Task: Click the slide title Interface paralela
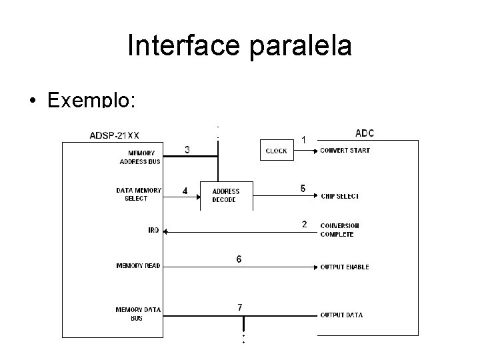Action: pyautogui.click(x=239, y=46)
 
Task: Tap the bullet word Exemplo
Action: pyautogui.click(x=91, y=100)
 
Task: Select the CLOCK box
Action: pyautogui.click(x=276, y=151)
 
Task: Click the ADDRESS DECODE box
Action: pyautogui.click(x=225, y=195)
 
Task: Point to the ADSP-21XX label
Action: pyautogui.click(x=114, y=136)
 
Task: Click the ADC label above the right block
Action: pyautogui.click(x=365, y=133)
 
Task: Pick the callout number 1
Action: pyautogui.click(x=304, y=140)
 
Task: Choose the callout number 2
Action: pyautogui.click(x=305, y=224)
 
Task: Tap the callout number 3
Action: pyautogui.click(x=187, y=150)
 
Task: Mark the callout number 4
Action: pyautogui.click(x=185, y=191)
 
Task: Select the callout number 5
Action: pyautogui.click(x=303, y=189)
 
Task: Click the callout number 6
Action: pyautogui.click(x=239, y=258)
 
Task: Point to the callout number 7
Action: pyautogui.click(x=240, y=307)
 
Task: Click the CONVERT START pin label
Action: pyautogui.click(x=345, y=150)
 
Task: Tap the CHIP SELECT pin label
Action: pyautogui.click(x=339, y=196)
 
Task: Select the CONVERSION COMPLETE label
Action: pyautogui.click(x=340, y=229)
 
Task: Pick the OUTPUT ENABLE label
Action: pyautogui.click(x=344, y=267)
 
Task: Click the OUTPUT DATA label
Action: pyautogui.click(x=341, y=315)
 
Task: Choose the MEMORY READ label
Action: pyautogui.click(x=138, y=266)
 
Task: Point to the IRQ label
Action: pyautogui.click(x=153, y=231)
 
